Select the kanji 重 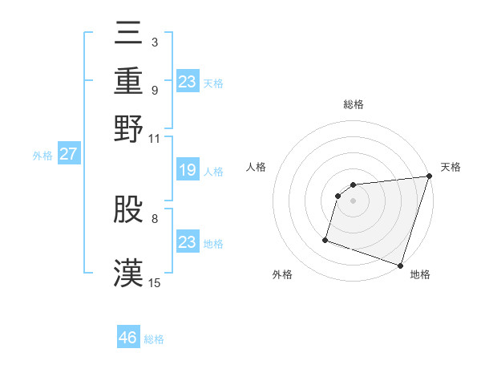click(x=128, y=82)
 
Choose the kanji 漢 click(x=128, y=271)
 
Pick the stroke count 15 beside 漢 click(x=155, y=282)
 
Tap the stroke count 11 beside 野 click(x=155, y=138)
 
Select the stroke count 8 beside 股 click(x=154, y=217)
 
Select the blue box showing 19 click(x=188, y=171)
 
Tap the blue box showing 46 click(x=128, y=338)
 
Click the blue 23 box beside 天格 click(x=188, y=82)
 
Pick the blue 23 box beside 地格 click(x=188, y=242)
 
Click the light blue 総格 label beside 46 click(x=154, y=339)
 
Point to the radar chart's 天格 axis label click(x=451, y=167)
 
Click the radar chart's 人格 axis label click(x=257, y=167)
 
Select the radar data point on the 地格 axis click(x=400, y=265)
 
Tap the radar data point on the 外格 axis click(x=325, y=239)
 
